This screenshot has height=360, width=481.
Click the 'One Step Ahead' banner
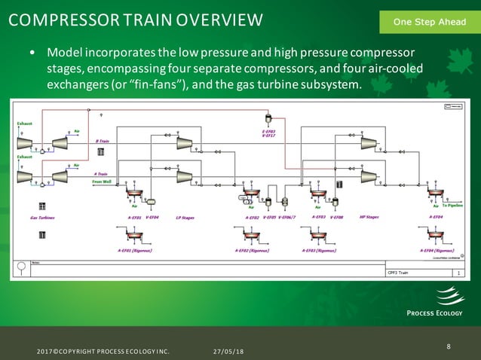pos(429,22)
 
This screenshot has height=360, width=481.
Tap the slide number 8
pos(449,346)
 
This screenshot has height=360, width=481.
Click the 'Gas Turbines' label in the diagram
pos(42,218)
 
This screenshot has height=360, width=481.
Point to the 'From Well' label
pos(102,182)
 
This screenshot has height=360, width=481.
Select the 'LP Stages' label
pos(185,218)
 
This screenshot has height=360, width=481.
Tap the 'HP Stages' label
pos(368,218)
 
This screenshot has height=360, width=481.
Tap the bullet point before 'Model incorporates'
pos(32,55)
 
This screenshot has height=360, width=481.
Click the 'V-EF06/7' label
pos(287,218)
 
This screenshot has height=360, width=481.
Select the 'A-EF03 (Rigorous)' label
pos(319,251)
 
